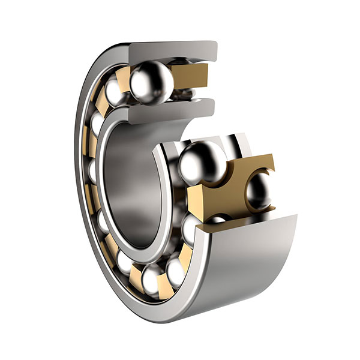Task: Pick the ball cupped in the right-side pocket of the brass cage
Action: [259, 191]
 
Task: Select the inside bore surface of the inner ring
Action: [129, 180]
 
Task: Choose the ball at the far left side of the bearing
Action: [95, 171]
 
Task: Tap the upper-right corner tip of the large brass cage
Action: [272, 157]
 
